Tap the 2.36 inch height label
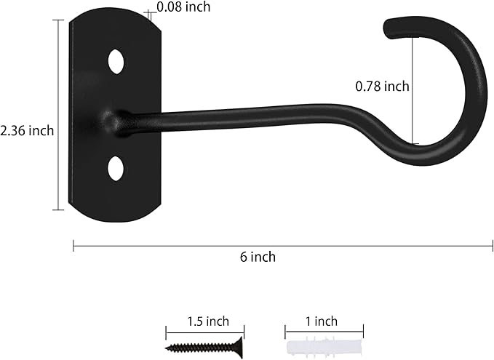28,130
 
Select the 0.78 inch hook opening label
382,86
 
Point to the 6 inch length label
258,256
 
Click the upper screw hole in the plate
116,61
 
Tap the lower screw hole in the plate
116,167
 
